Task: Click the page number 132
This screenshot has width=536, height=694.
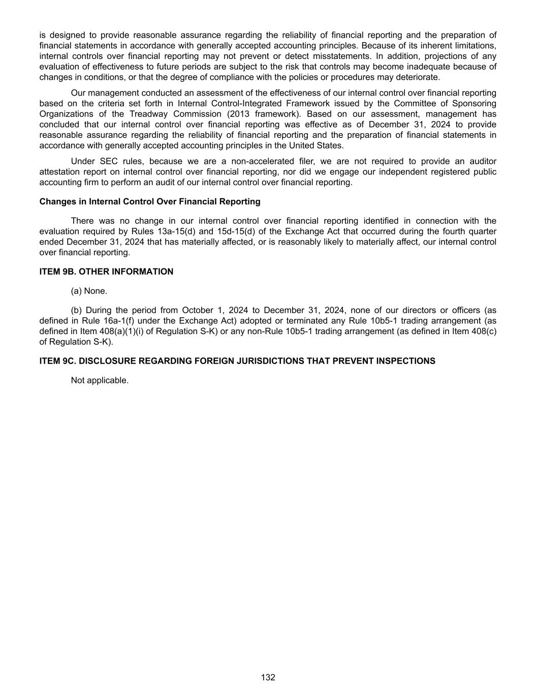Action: point(268,677)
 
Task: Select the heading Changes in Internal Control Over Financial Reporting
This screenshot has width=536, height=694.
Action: point(150,201)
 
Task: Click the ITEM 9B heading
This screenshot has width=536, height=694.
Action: point(106,271)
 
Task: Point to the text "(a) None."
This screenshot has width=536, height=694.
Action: point(89,291)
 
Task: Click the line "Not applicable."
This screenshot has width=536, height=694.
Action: point(100,380)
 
